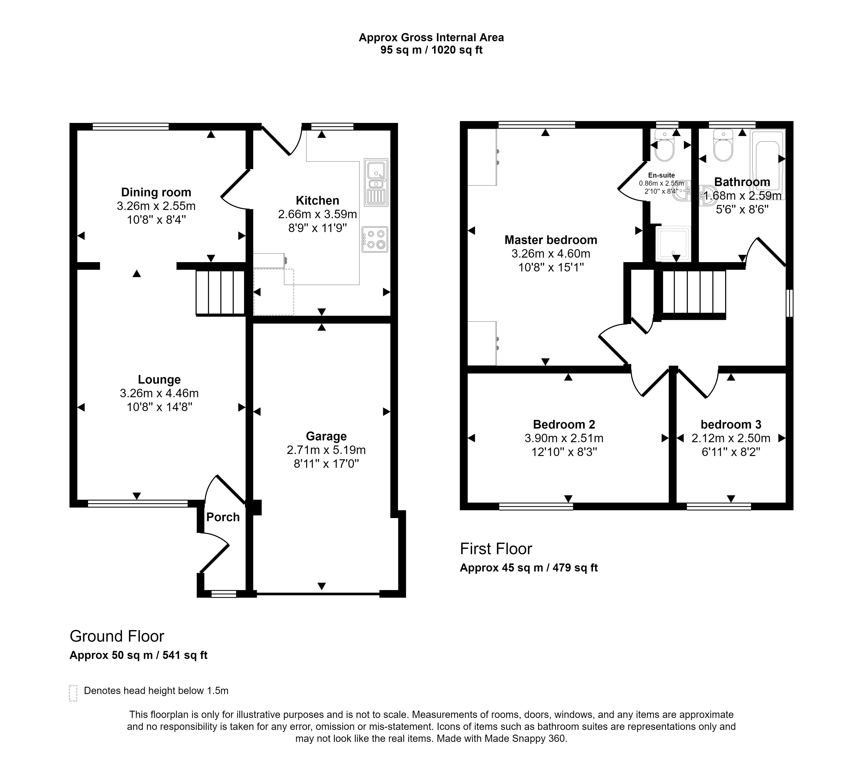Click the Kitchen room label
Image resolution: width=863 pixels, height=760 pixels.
[x=318, y=200]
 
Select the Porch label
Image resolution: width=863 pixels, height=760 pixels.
[x=223, y=517]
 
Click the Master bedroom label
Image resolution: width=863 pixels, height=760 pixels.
[x=551, y=240]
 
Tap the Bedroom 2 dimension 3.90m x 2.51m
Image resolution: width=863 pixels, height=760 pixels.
[x=564, y=438]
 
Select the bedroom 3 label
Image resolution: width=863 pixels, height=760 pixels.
[x=731, y=425]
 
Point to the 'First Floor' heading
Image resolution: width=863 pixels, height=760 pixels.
[x=496, y=549]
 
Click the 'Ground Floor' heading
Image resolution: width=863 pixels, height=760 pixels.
[x=117, y=636]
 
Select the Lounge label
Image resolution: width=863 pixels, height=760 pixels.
[x=159, y=379]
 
